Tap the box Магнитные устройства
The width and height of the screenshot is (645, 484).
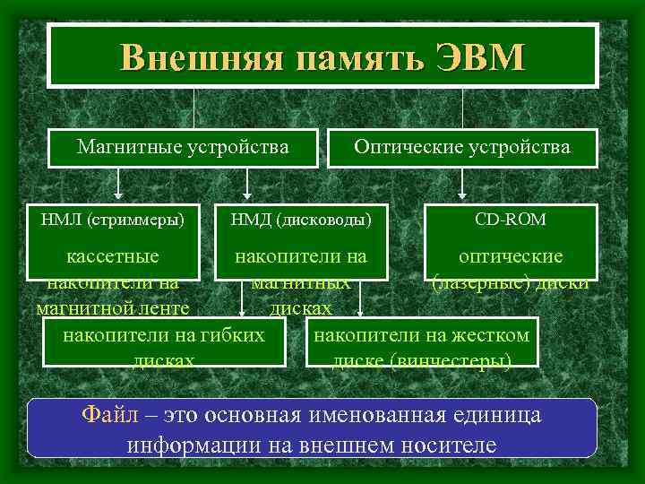pyautogui.click(x=183, y=146)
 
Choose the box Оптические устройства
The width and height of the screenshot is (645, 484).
pyautogui.click(x=462, y=146)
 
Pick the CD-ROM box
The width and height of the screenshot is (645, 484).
pyautogui.click(x=510, y=219)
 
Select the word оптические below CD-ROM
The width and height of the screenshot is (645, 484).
pyautogui.click(x=511, y=256)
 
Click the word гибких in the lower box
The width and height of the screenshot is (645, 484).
pyautogui.click(x=236, y=335)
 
